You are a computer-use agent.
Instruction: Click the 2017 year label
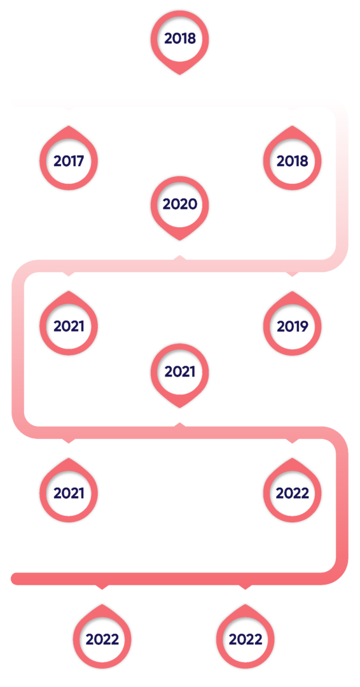tap(69, 161)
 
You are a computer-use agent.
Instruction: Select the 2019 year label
tap(293, 326)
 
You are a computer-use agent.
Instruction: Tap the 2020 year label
tap(180, 204)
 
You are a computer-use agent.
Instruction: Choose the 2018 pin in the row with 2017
tap(293, 158)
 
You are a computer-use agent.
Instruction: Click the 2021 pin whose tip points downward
tap(180, 375)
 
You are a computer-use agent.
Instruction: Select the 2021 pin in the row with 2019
tap(69, 323)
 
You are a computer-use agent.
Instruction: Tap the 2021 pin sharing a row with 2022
tap(69, 490)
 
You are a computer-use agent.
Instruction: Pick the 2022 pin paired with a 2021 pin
tap(293, 490)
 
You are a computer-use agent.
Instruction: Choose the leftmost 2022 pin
tap(102, 637)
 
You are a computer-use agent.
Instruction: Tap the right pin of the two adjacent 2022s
tap(246, 637)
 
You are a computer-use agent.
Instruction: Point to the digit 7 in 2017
tap(80, 161)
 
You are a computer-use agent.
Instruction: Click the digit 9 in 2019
tap(304, 326)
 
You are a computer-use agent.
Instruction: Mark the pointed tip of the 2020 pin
tap(180, 240)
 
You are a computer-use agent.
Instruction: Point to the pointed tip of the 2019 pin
tap(293, 292)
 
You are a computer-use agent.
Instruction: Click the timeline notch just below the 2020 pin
tap(180, 257)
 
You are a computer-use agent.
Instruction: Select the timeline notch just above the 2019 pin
tap(293, 274)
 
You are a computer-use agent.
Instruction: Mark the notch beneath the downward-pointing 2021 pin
tap(180, 424)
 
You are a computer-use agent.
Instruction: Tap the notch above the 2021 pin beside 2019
tap(69, 274)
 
